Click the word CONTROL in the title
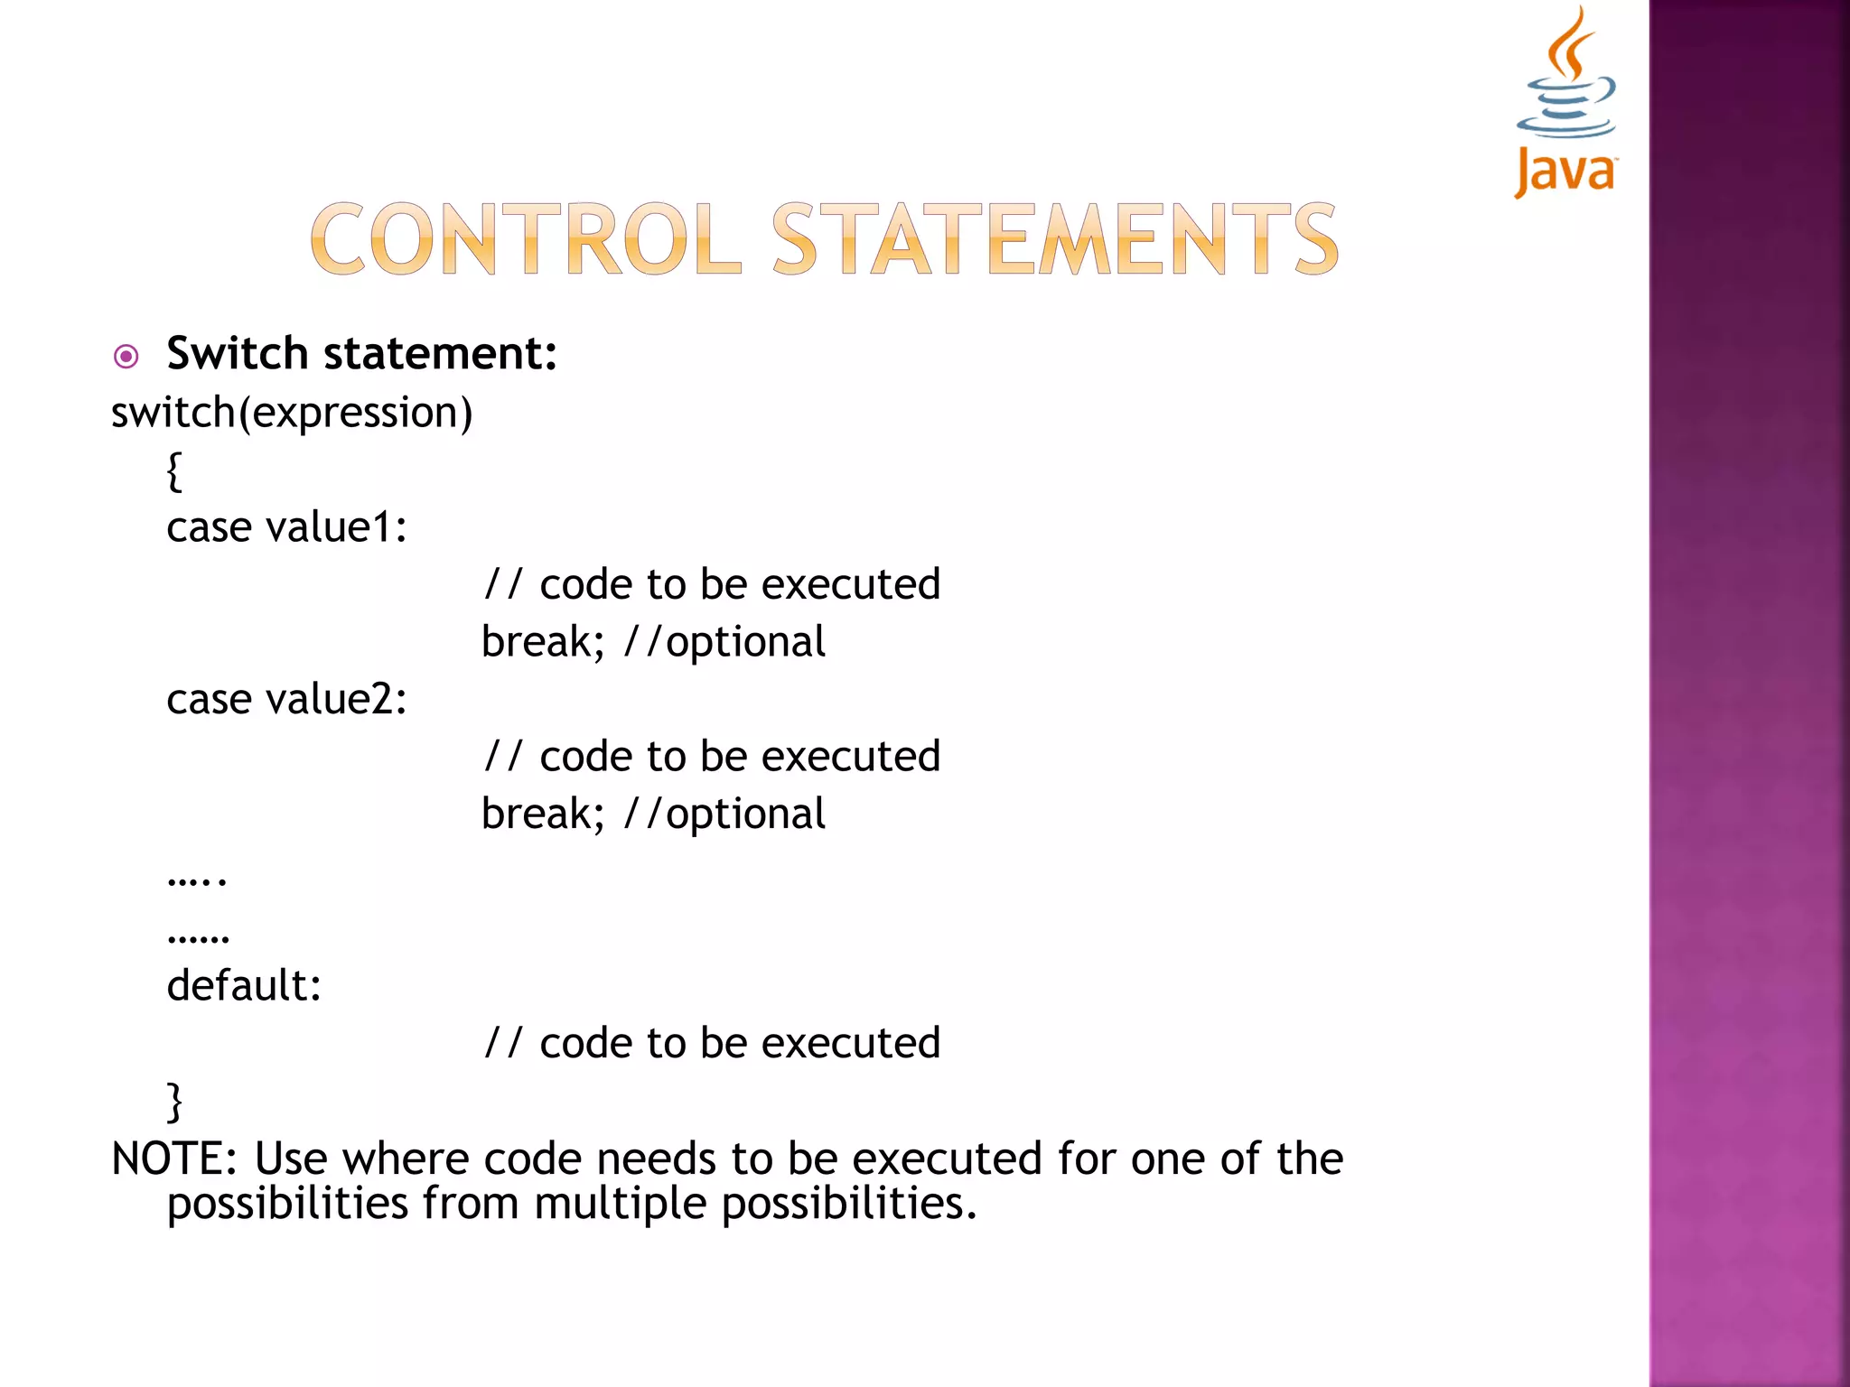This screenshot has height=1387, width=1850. click(x=525, y=239)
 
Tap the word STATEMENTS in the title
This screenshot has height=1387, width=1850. click(x=1054, y=239)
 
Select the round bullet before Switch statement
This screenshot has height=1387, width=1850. click(x=126, y=357)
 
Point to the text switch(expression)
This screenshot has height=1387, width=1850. click(x=292, y=414)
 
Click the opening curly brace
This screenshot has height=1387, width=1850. click(x=174, y=471)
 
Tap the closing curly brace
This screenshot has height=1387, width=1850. click(x=174, y=1101)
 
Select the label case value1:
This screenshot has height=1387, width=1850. click(x=286, y=527)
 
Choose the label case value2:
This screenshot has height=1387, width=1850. click(x=286, y=700)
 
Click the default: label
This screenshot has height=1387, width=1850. click(x=244, y=985)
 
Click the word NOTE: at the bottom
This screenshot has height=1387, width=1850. click(x=173, y=1159)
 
